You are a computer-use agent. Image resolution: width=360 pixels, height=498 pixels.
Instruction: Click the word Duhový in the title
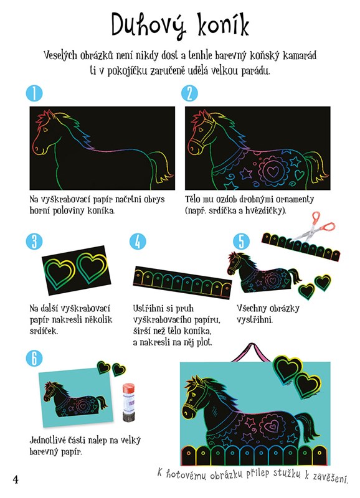pyautogui.click(x=149, y=26)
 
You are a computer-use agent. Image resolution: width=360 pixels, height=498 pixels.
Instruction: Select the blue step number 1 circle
pyautogui.click(x=34, y=93)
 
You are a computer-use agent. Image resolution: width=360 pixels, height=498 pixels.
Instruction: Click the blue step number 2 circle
pyautogui.click(x=190, y=93)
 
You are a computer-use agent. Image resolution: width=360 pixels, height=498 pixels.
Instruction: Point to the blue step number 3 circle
pyautogui.click(x=34, y=242)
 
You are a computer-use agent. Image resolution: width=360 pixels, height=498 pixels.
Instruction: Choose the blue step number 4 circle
pyautogui.click(x=138, y=242)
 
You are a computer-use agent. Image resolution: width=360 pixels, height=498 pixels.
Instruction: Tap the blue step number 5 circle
pyautogui.click(x=242, y=242)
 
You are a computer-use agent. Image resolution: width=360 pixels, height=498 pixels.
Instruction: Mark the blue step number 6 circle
pyautogui.click(x=34, y=358)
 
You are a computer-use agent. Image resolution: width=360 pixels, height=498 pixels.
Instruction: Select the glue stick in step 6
pyautogui.click(x=129, y=402)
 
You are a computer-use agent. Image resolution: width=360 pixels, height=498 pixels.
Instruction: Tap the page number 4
pyautogui.click(x=16, y=479)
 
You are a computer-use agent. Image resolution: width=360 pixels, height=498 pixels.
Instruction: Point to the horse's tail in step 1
pyautogui.click(x=161, y=167)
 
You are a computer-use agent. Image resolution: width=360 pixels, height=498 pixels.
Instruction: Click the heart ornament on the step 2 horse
pyautogui.click(x=272, y=171)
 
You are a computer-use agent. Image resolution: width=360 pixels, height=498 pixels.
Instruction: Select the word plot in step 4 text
pyautogui.click(x=204, y=342)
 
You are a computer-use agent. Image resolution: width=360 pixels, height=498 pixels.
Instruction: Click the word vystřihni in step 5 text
pyautogui.click(x=255, y=319)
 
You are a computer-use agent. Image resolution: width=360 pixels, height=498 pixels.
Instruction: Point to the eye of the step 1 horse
pyautogui.click(x=45, y=129)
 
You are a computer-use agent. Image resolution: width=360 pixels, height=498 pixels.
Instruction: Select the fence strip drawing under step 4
pyautogui.click(x=182, y=283)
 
